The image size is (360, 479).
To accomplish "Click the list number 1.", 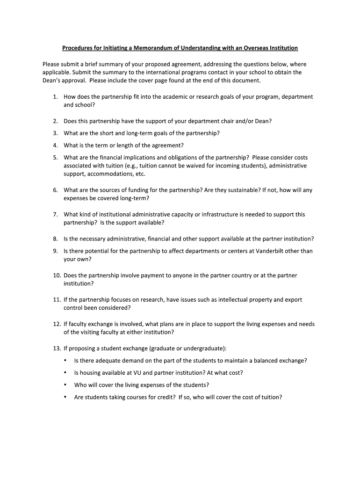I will click(55, 97).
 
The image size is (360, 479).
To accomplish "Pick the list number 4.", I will click(55, 145).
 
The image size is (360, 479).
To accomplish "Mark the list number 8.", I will click(55, 239).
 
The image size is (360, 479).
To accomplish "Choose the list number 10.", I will click(56, 275).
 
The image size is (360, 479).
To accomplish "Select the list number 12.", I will click(56, 324).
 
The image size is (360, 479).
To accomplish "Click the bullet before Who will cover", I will click(65, 385).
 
